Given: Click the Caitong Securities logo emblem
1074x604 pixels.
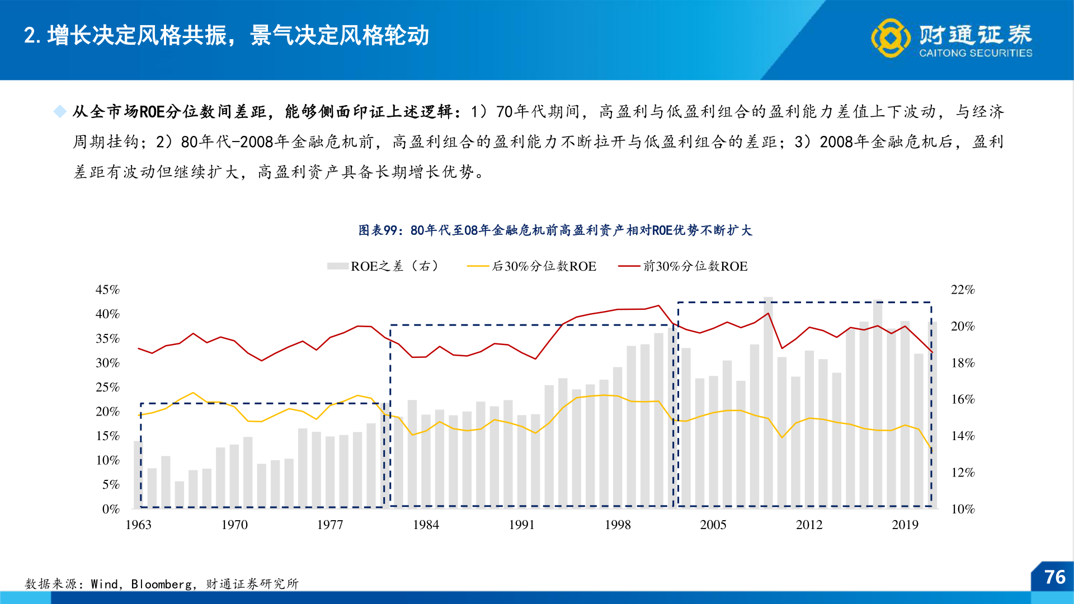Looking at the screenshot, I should point(890,37).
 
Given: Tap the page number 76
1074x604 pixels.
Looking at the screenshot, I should point(1054,577).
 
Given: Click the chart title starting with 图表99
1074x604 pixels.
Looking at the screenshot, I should point(555,230).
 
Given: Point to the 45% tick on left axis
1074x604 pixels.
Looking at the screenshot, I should point(107,290).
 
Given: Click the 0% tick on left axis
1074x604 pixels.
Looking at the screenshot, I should point(111,509).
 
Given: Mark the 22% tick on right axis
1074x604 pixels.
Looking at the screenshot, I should point(963,290).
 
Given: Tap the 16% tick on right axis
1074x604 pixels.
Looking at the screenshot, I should point(963,399).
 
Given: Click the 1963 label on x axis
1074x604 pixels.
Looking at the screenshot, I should point(138,525).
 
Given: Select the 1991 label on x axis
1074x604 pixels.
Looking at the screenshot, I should point(521,525).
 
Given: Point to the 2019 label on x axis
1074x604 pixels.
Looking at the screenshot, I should point(905,525).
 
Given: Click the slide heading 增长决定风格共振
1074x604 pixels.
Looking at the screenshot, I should point(137,35).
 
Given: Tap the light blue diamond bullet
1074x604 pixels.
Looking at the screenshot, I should point(59,112).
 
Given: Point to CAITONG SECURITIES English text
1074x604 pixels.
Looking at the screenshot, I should point(976,53).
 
